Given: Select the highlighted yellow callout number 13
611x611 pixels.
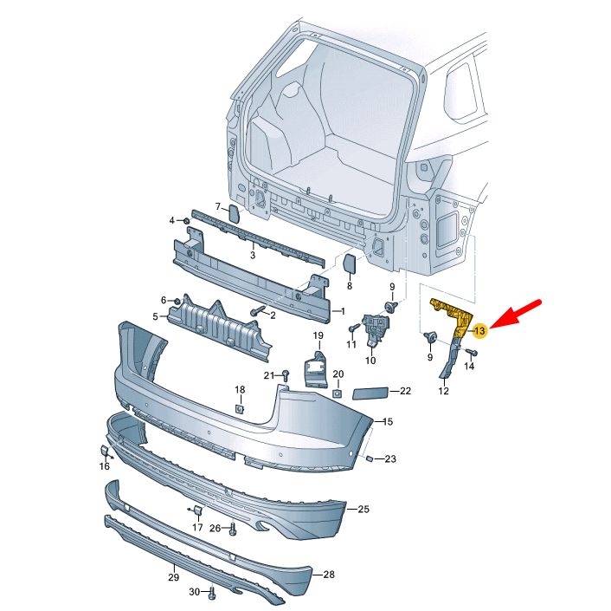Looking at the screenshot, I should point(480,329).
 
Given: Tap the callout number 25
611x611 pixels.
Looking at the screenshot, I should point(363,509).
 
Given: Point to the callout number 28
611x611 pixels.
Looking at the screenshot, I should point(328,575).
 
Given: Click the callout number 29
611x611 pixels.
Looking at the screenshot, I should point(173,578).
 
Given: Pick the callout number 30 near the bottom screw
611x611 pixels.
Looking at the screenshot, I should point(195,593).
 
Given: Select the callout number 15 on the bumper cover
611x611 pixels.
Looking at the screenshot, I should point(388,421).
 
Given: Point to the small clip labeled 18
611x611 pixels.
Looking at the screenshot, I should point(240,408).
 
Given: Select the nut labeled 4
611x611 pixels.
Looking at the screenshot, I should point(186,221).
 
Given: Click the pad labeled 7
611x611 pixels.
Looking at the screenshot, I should point(235,212).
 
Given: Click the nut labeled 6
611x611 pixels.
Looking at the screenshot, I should point(177,301).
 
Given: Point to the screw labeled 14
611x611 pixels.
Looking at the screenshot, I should point(472,352).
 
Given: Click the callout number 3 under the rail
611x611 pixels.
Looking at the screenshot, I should point(253,255).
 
